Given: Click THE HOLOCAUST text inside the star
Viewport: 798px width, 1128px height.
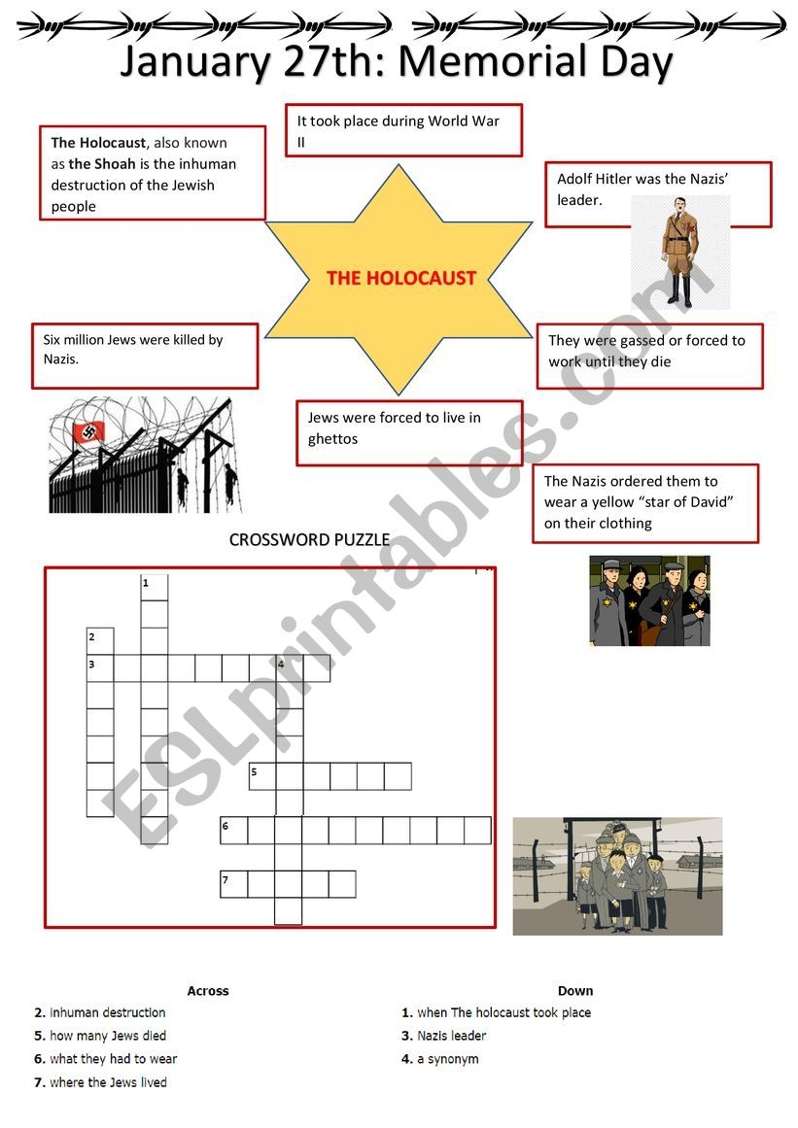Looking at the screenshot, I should click(400, 278).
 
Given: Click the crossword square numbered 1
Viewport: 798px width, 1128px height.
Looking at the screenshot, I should click(155, 588).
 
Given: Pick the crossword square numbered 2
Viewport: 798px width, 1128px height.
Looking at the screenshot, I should click(100, 641).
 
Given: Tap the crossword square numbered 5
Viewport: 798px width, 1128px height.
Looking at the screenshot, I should click(262, 776).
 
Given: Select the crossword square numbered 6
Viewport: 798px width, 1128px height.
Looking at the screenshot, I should click(233, 831).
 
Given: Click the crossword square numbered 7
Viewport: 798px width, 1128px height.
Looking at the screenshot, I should click(233, 884).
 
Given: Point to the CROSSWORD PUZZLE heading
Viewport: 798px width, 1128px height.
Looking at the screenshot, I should click(309, 540).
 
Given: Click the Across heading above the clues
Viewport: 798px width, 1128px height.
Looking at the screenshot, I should click(208, 991).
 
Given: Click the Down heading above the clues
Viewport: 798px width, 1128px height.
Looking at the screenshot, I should click(575, 991).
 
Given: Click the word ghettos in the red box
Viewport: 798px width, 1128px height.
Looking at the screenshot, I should click(333, 439).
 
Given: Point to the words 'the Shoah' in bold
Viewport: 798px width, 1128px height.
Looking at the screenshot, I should click(102, 164).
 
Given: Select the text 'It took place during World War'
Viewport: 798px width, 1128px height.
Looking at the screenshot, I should click(399, 121).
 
